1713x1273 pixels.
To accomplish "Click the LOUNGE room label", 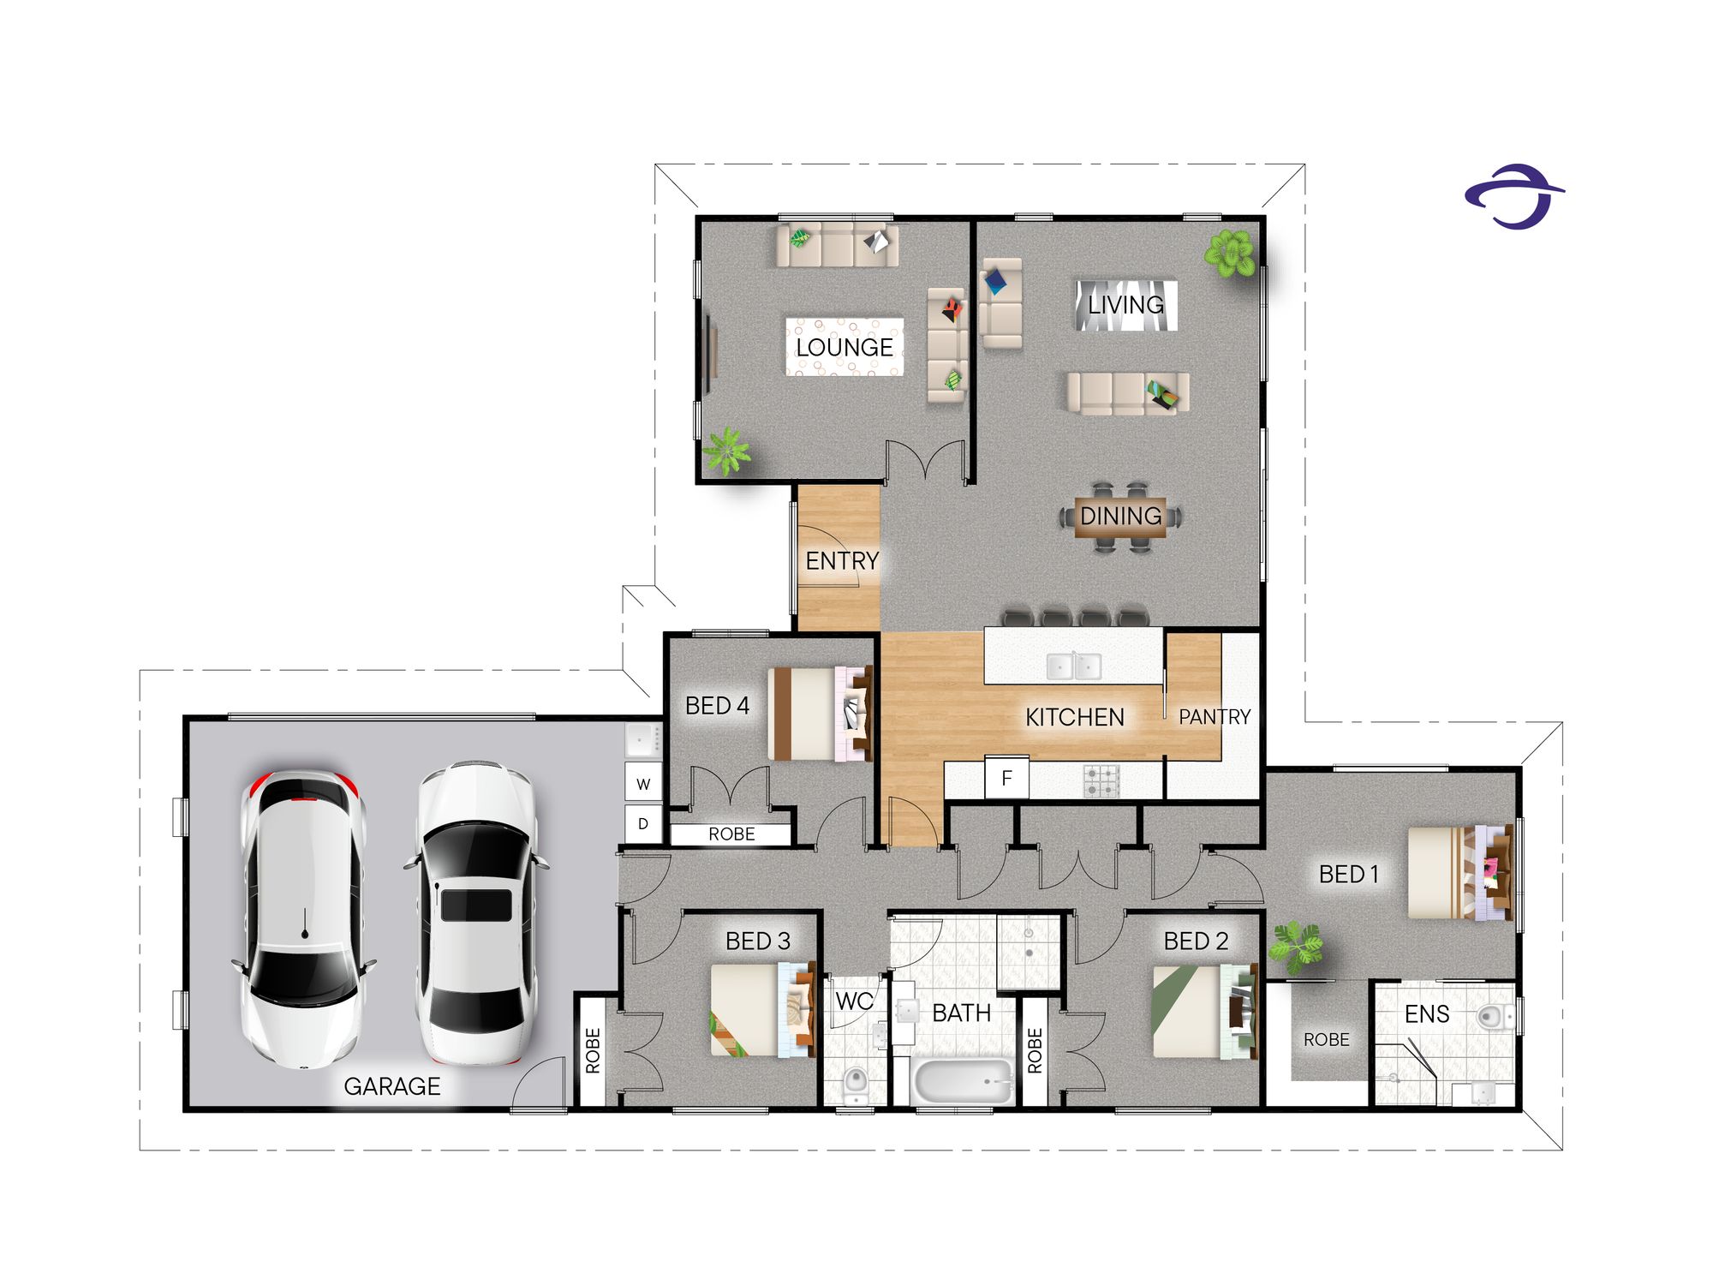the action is pyautogui.click(x=845, y=347).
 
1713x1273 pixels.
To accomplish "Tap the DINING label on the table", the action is pyautogui.click(x=1120, y=516).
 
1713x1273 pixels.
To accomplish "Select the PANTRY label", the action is pyautogui.click(x=1215, y=716).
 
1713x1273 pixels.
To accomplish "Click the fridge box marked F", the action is pyautogui.click(x=1006, y=778).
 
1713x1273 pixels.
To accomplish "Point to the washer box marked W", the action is pyautogui.click(x=643, y=783).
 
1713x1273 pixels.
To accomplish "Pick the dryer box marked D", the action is pyautogui.click(x=643, y=824).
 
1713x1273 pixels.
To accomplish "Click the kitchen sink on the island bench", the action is pyautogui.click(x=1074, y=666).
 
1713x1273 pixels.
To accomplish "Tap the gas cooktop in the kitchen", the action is pyautogui.click(x=1101, y=780).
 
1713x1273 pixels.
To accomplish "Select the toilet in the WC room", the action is pyautogui.click(x=855, y=1084).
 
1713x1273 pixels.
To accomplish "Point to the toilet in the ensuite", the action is pyautogui.click(x=1495, y=1017).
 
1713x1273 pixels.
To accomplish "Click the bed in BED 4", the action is pyautogui.click(x=821, y=714).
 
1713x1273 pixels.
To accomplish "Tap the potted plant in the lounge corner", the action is pyautogui.click(x=726, y=451).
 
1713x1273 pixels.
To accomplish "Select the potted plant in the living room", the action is pyautogui.click(x=1230, y=254).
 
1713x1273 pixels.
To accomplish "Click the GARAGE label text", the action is pyautogui.click(x=392, y=1086).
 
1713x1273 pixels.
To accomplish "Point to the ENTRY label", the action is pyautogui.click(x=842, y=561).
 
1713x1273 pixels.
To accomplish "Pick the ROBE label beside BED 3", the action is pyautogui.click(x=593, y=1050).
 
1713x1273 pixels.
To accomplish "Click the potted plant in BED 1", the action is pyautogui.click(x=1295, y=947).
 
